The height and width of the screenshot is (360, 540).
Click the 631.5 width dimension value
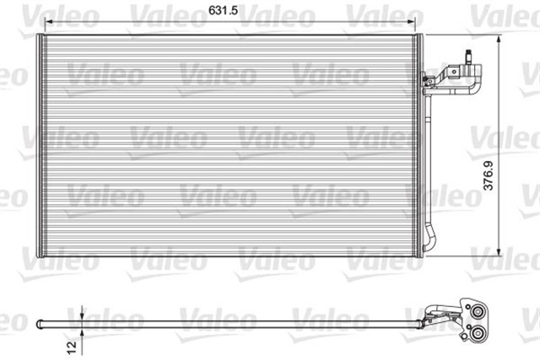coord(221,11)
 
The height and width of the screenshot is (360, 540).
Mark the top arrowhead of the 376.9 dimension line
coord(501,40)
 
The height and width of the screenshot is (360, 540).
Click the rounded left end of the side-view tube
coord(40,321)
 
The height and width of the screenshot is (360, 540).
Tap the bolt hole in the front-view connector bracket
coord(428,82)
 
